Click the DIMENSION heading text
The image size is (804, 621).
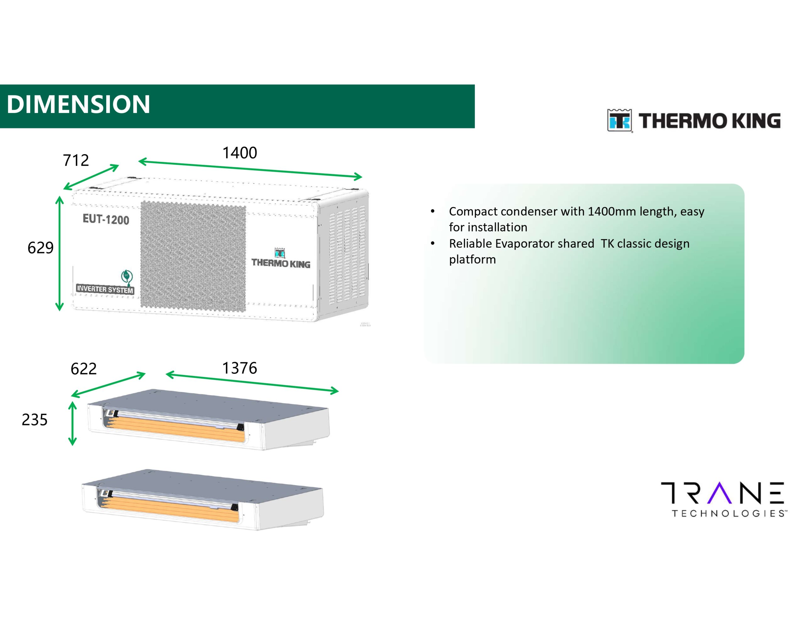pyautogui.click(x=79, y=104)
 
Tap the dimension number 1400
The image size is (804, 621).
pyautogui.click(x=240, y=153)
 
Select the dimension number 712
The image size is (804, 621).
pyautogui.click(x=76, y=160)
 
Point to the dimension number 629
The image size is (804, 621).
pyautogui.click(x=41, y=248)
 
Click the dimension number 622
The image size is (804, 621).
pyautogui.click(x=84, y=369)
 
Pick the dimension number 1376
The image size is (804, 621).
pyautogui.click(x=240, y=368)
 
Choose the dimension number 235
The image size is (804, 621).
pyautogui.click(x=35, y=420)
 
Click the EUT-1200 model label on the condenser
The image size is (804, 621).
pyautogui.click(x=106, y=219)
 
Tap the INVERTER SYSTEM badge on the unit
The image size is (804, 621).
pyautogui.click(x=105, y=289)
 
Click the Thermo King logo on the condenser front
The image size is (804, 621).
pyautogui.click(x=281, y=258)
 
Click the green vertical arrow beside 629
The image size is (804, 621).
pyautogui.click(x=59, y=254)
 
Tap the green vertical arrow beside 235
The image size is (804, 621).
pyautogui.click(x=73, y=423)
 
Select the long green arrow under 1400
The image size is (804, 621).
pyautogui.click(x=250, y=169)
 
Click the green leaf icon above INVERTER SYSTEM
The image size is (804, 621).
pyautogui.click(x=127, y=277)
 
